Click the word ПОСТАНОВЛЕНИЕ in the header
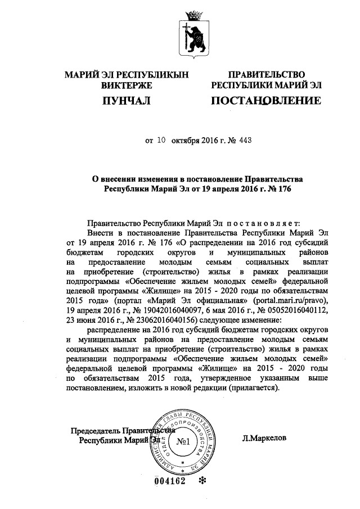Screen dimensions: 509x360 click(x=266, y=101)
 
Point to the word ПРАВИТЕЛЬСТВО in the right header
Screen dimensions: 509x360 click(x=266, y=75)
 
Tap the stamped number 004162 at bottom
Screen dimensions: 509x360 click(x=169, y=482)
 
